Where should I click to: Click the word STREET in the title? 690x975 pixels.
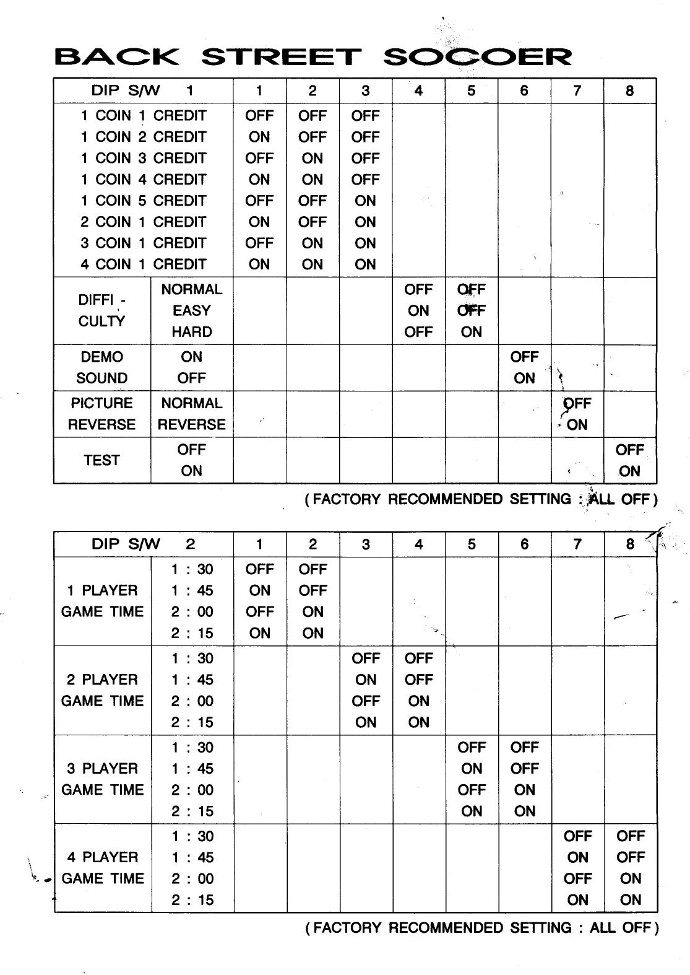(x=280, y=58)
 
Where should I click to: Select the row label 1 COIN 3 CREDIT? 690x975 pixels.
(x=143, y=158)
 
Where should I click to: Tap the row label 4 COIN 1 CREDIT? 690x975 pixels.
(x=143, y=265)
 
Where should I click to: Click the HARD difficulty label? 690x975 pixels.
(x=192, y=332)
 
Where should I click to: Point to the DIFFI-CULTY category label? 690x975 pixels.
(x=102, y=311)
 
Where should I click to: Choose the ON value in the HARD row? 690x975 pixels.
(x=472, y=332)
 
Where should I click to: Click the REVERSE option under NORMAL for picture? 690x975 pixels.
(x=192, y=425)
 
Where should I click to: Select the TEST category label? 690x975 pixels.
(x=102, y=460)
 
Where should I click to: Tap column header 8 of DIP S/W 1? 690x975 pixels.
(x=630, y=91)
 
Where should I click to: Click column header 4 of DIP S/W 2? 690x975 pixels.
(x=419, y=544)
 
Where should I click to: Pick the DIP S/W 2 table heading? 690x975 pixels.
(x=143, y=544)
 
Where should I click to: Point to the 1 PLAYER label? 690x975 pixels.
(x=103, y=590)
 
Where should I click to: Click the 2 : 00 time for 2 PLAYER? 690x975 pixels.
(x=192, y=701)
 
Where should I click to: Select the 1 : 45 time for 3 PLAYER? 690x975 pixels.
(x=192, y=769)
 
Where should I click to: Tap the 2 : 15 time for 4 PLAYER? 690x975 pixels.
(x=192, y=900)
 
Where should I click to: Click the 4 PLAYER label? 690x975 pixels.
(x=103, y=858)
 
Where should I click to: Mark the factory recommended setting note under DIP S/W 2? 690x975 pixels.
(x=482, y=928)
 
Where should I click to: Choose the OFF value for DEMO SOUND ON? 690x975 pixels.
(x=524, y=357)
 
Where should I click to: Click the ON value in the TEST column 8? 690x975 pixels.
(x=630, y=471)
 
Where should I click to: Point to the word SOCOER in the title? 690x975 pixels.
(x=477, y=58)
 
